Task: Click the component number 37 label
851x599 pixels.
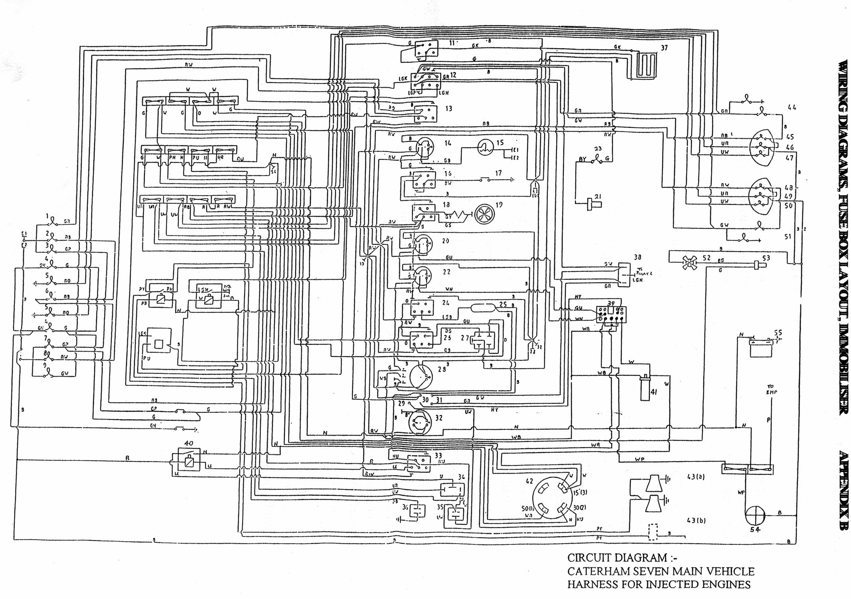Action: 664,48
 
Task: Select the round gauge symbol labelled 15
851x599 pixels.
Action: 486,148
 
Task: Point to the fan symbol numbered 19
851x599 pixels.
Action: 485,214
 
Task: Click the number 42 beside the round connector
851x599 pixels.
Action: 529,481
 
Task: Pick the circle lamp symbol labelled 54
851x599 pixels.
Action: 755,516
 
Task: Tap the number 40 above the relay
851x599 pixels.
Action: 188,443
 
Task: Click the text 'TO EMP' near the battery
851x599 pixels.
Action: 771,389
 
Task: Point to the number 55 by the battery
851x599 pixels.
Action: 778,332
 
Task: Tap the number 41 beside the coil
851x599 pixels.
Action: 654,392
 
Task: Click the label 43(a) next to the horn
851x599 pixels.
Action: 696,477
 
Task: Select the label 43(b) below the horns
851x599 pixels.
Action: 696,520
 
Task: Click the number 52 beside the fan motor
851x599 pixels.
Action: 707,258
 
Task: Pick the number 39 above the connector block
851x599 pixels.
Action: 611,304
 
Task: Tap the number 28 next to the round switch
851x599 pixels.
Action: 442,369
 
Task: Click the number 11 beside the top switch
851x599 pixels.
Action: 452,43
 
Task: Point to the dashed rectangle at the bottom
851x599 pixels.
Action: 653,532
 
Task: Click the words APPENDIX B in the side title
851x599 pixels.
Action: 843,490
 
